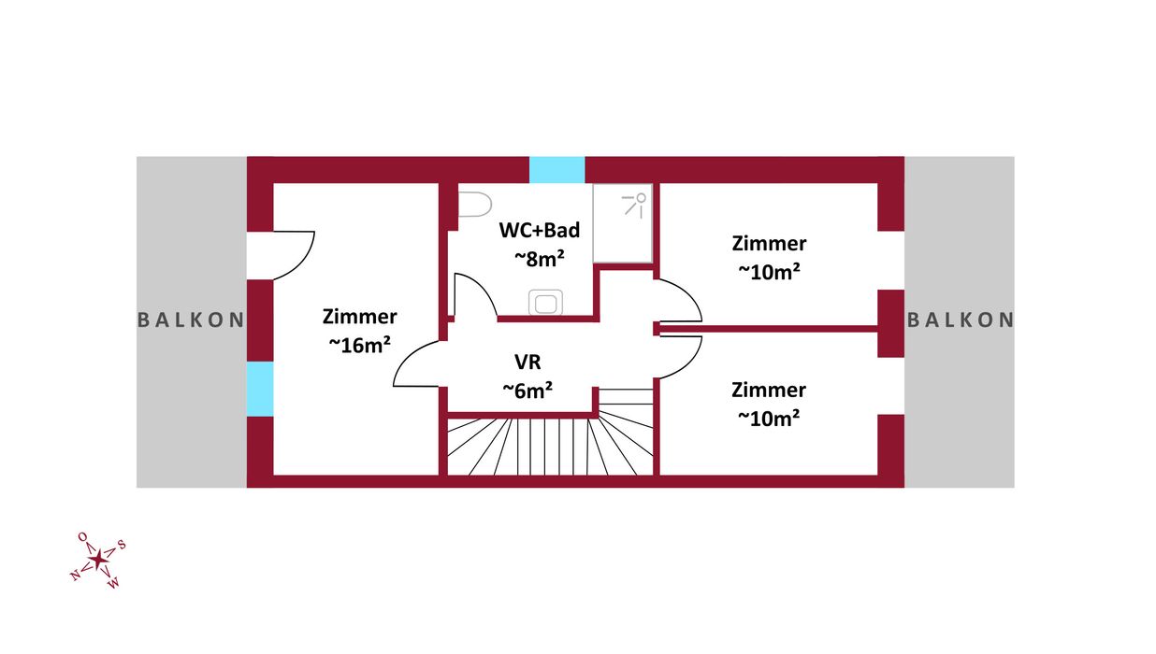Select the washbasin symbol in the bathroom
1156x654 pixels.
(x=544, y=303)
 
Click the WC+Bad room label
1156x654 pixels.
(x=540, y=230)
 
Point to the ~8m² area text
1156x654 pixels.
(x=539, y=259)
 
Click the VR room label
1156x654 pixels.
(x=527, y=362)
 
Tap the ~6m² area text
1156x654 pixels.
(x=527, y=390)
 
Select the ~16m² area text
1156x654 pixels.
(x=359, y=345)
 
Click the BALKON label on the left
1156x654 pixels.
(x=191, y=320)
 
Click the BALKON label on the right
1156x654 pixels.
(x=961, y=320)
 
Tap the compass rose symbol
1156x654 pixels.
(x=97, y=560)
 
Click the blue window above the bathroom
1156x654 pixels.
(x=556, y=170)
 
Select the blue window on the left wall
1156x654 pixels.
(x=260, y=389)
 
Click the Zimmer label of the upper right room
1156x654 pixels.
(x=769, y=244)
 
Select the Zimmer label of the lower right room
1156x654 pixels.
(x=769, y=390)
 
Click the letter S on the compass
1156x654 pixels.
(x=122, y=546)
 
